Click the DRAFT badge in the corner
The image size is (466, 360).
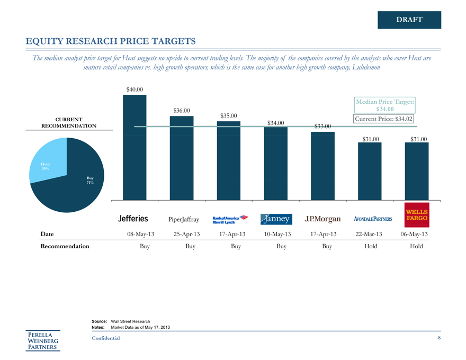click(409, 20)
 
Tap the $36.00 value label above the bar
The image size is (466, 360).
click(182, 110)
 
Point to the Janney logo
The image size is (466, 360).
click(276, 219)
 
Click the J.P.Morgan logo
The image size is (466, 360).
click(322, 219)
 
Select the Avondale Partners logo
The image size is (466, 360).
click(369, 219)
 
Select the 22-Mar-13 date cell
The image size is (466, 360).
click(370, 234)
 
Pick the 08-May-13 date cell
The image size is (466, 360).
click(135, 234)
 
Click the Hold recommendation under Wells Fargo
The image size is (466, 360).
click(416, 246)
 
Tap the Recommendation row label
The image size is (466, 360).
click(65, 246)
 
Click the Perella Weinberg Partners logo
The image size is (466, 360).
click(44, 340)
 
